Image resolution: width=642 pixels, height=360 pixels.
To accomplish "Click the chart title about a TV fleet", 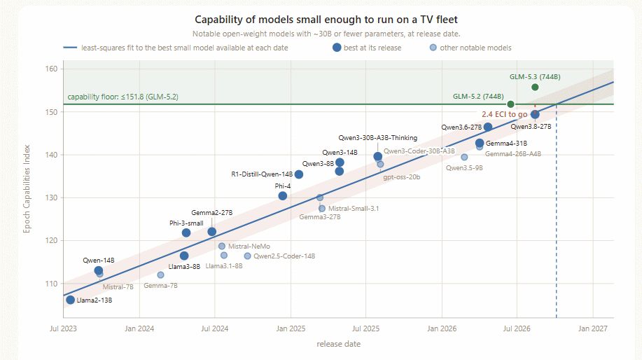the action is click(x=326, y=19).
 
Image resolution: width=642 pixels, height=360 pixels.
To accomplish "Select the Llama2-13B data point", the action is click(x=71, y=300).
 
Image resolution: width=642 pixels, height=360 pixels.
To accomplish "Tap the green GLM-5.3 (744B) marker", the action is click(x=535, y=88).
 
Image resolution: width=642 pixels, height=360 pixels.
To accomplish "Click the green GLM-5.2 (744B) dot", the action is click(x=510, y=104).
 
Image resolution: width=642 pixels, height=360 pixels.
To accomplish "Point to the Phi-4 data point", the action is click(x=283, y=196).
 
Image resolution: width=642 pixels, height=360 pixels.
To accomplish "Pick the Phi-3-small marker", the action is click(x=186, y=233).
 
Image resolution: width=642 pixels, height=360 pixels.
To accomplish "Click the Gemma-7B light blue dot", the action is click(x=160, y=275).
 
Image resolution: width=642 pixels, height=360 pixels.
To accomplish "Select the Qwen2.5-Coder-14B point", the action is click(x=247, y=256).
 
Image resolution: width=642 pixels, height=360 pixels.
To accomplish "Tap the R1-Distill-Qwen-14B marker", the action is click(x=299, y=174).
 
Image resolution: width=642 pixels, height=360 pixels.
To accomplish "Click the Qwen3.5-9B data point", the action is click(x=464, y=158).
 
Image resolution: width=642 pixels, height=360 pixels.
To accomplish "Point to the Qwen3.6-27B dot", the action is click(x=488, y=127).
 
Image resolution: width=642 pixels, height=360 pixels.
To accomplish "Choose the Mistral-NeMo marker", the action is click(x=221, y=246).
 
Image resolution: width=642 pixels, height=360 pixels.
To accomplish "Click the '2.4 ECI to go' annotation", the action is click(x=504, y=114).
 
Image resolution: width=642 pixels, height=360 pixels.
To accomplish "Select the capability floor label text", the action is click(x=123, y=97).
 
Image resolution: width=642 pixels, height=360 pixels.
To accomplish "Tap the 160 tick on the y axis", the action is click(x=51, y=69).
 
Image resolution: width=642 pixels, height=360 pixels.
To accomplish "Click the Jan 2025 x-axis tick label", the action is click(x=291, y=328).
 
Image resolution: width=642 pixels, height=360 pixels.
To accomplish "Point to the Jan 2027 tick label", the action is click(x=593, y=328).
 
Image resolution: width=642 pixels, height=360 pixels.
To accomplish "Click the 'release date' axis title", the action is click(x=339, y=344).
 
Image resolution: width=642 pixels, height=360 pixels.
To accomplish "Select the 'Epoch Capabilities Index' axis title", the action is click(x=27, y=189).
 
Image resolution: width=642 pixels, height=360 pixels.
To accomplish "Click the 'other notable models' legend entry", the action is click(x=470, y=48).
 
